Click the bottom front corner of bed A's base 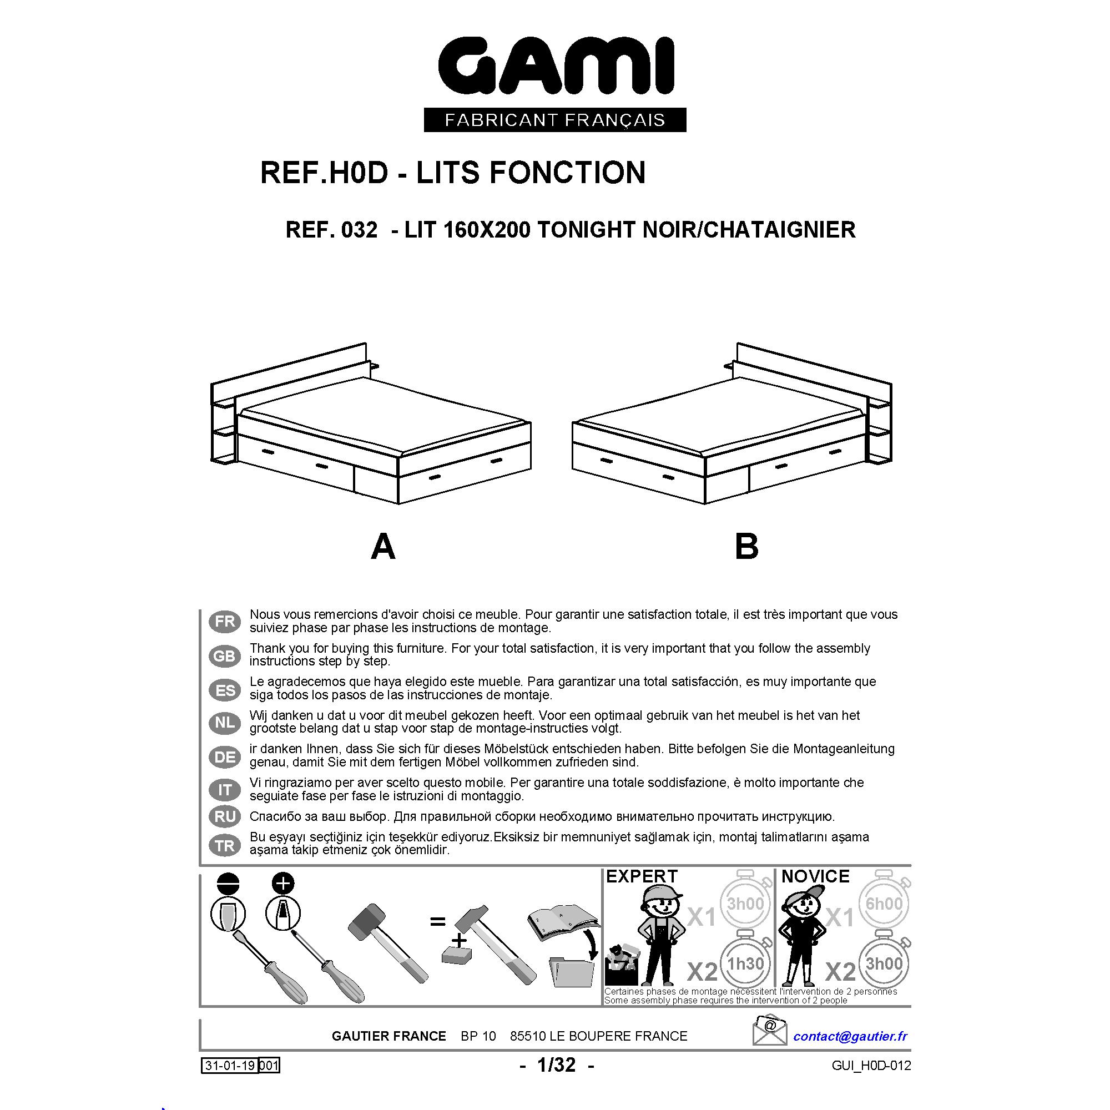398,504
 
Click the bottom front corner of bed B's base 705,504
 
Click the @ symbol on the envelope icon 770,1025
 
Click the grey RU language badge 225,816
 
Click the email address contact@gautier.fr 850,1036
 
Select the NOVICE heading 815,876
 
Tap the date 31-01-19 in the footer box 230,1066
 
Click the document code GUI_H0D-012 871,1066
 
